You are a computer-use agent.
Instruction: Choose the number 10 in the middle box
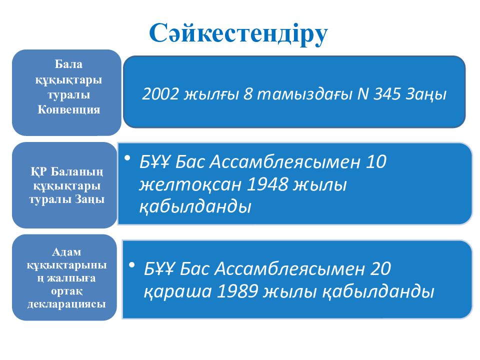click(x=375, y=162)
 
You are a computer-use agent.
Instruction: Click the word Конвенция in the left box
click(x=68, y=110)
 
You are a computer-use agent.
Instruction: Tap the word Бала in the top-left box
click(x=68, y=64)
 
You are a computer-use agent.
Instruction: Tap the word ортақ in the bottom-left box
click(x=66, y=290)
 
